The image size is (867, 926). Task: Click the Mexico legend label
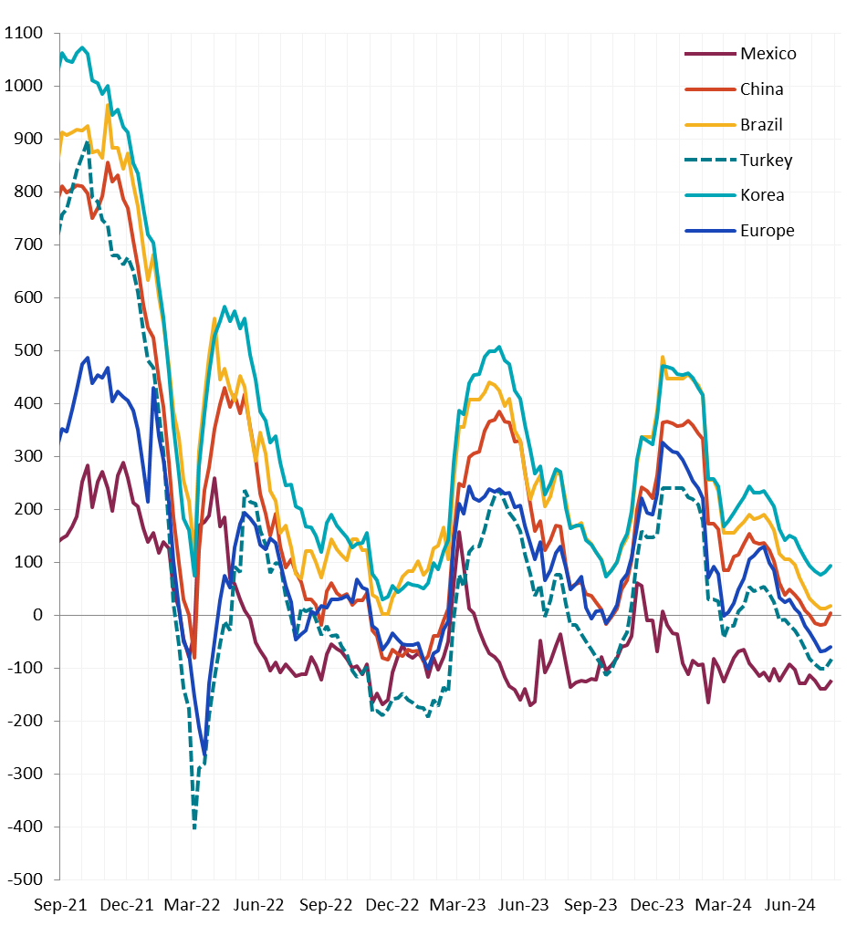[x=768, y=54]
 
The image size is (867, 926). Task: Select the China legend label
[x=761, y=89]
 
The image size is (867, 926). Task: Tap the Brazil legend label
[x=761, y=125]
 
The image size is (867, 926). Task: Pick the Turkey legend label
[x=766, y=161]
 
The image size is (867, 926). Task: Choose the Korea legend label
[x=762, y=195]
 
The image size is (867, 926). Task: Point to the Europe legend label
[x=767, y=231]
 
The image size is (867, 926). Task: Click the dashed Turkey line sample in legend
[x=709, y=161]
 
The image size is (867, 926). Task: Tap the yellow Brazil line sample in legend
[x=709, y=125]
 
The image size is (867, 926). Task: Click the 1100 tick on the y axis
[x=24, y=34]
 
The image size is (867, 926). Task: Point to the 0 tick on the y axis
[x=37, y=616]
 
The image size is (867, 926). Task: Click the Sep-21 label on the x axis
[x=60, y=905]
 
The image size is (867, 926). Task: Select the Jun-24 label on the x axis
[x=790, y=905]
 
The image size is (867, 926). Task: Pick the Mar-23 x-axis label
[x=458, y=905]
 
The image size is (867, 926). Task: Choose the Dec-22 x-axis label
[x=392, y=905]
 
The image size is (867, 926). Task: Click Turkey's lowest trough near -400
[x=194, y=827]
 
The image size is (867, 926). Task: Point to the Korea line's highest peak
[x=82, y=47]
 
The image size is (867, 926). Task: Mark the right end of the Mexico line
[x=831, y=681]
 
